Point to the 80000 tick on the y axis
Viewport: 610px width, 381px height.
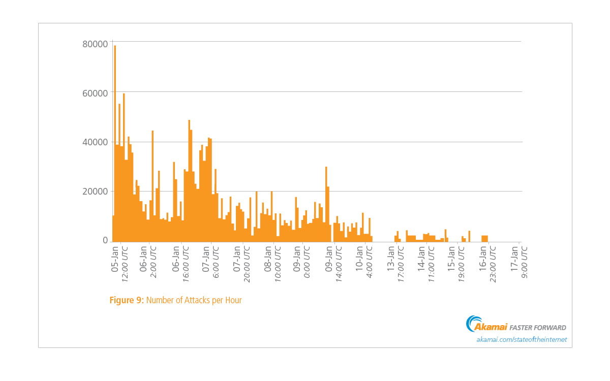[x=95, y=44]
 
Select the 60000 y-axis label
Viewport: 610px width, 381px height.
[x=95, y=93]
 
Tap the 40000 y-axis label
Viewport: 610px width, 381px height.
[x=95, y=142]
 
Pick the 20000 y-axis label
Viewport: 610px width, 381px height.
[x=95, y=192]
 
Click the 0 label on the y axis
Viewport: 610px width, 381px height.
[x=105, y=240]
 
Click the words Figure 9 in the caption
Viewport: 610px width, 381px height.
[x=127, y=300]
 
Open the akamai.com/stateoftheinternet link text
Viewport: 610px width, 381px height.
[x=521, y=339]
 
